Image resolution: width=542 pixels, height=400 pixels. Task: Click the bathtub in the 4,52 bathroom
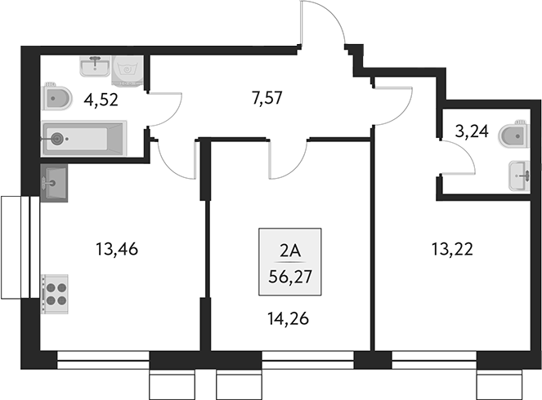[84, 138]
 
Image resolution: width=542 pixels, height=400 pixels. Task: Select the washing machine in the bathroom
[129, 70]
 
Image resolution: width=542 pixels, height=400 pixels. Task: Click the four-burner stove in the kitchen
[56, 291]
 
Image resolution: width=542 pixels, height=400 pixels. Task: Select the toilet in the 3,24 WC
[517, 133]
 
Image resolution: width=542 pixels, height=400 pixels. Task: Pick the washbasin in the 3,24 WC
[519, 176]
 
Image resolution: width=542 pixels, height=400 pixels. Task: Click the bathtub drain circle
[56, 138]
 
